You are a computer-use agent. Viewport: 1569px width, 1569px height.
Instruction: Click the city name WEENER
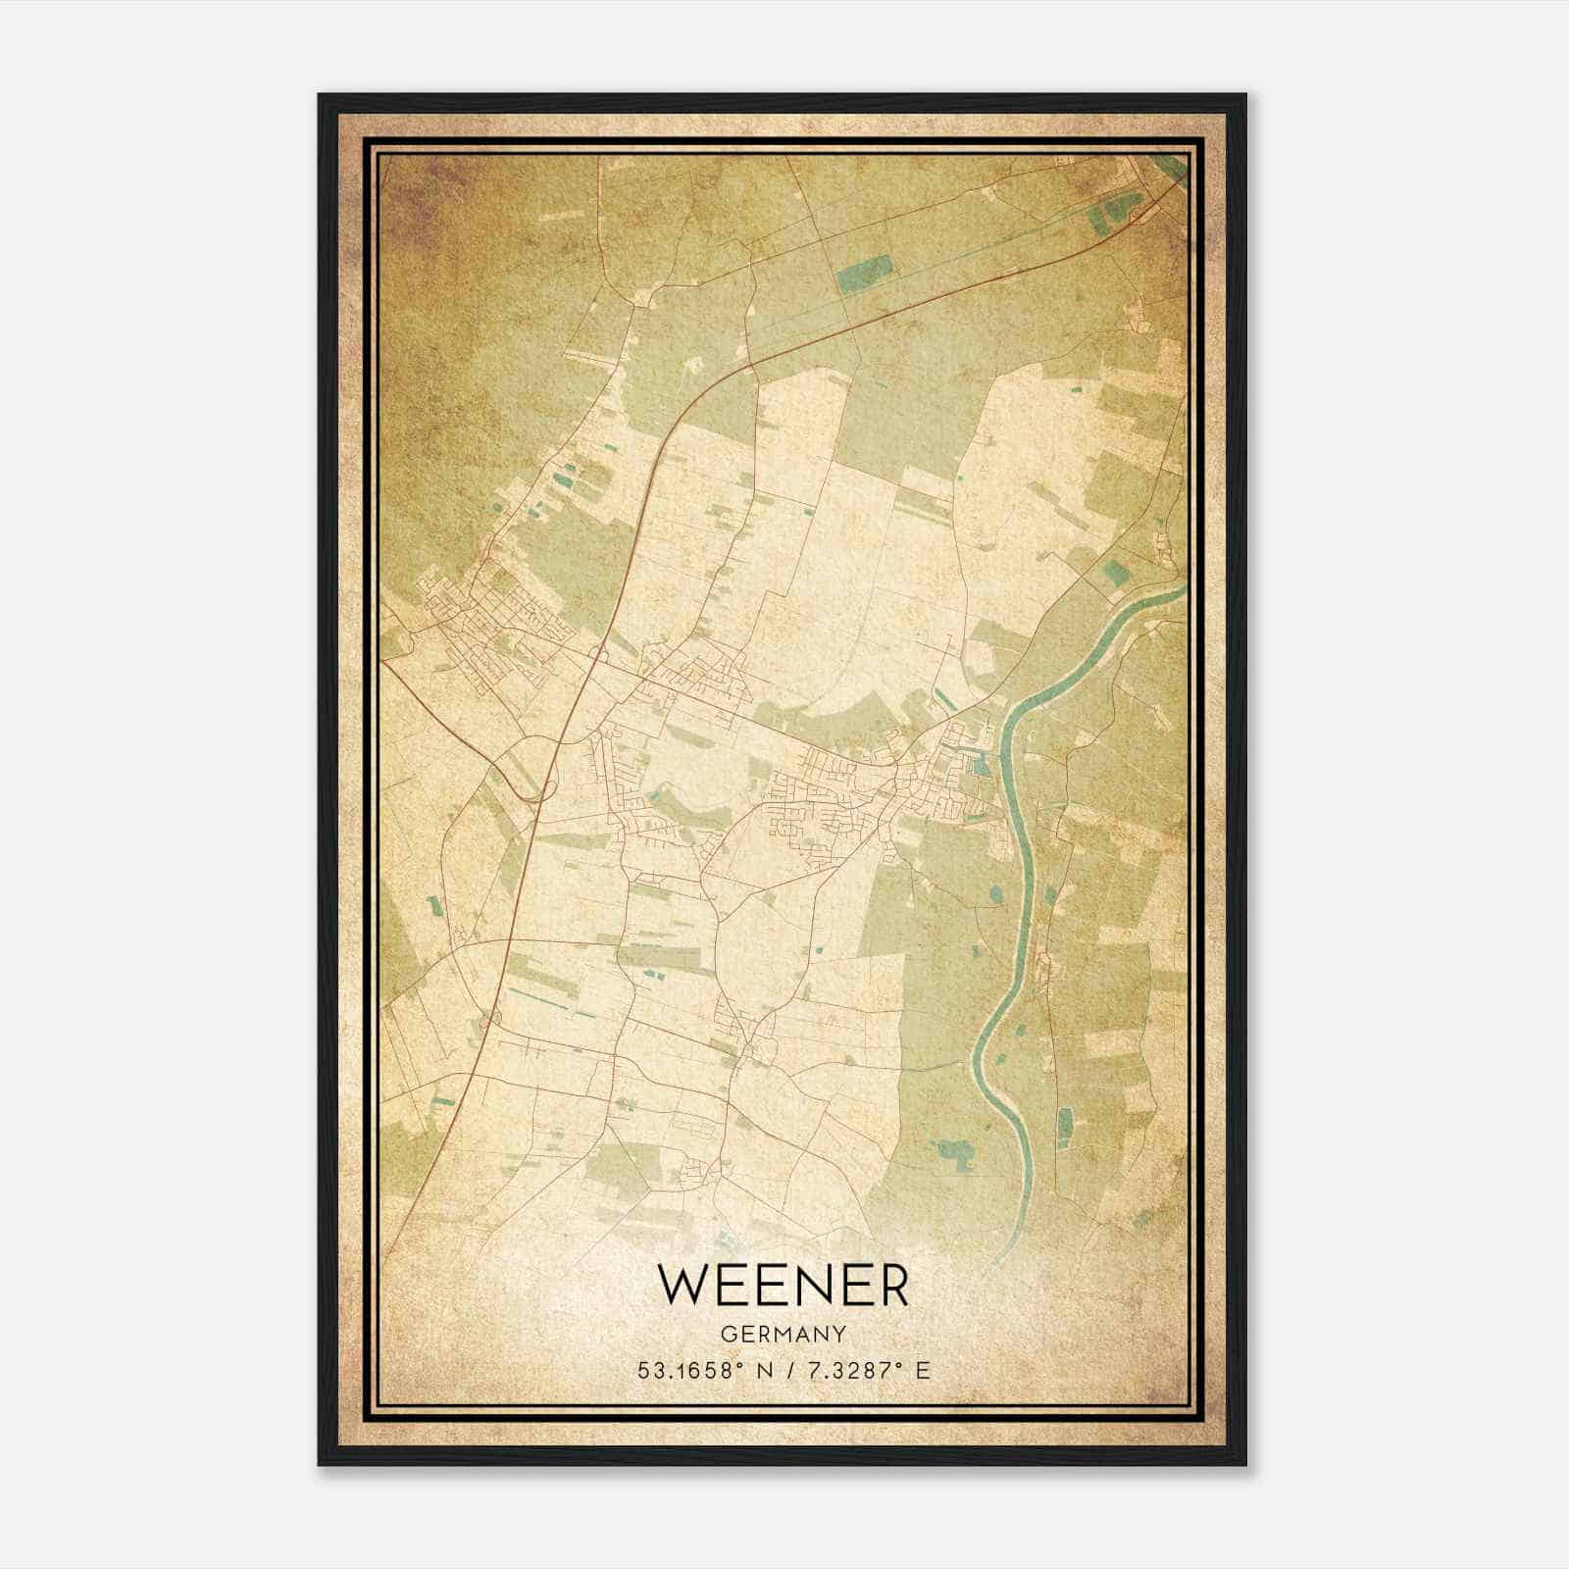[784, 1285]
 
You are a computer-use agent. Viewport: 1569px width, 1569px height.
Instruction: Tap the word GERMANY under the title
[784, 1335]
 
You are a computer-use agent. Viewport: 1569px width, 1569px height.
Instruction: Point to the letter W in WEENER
[683, 1285]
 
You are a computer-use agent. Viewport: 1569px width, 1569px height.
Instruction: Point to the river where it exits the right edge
[1181, 590]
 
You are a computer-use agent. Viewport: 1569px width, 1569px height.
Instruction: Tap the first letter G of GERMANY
[727, 1335]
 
